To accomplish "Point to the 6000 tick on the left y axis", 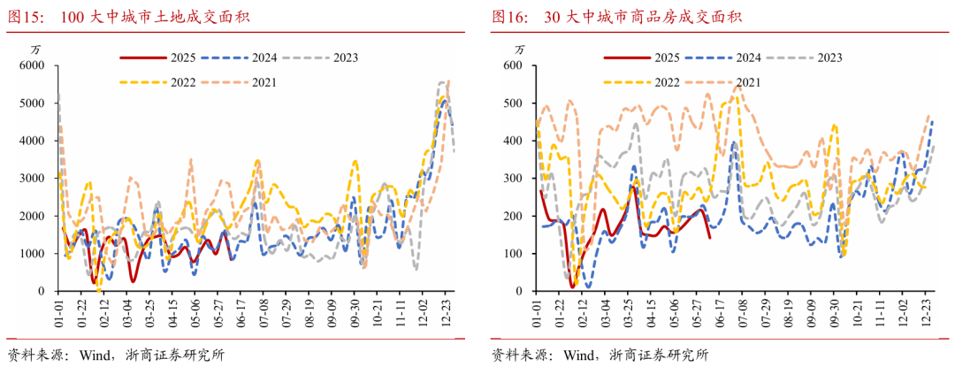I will point(31,65).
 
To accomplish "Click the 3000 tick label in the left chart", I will point(31,179).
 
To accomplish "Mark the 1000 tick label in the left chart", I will point(31,254).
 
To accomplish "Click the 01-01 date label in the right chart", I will point(537,311).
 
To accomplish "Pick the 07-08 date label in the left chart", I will point(263,311).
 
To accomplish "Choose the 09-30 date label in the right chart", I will point(833,311).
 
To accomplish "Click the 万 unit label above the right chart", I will point(518,48).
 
